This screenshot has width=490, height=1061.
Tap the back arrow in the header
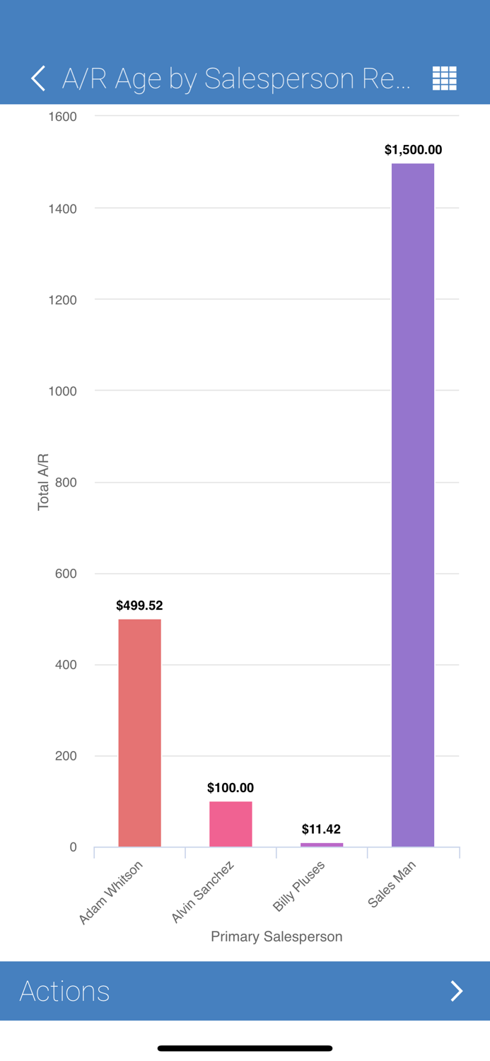click(x=38, y=79)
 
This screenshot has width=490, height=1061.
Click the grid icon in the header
click(x=444, y=79)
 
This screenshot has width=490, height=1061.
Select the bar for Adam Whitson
click(x=139, y=733)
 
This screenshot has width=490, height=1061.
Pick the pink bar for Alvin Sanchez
click(x=231, y=824)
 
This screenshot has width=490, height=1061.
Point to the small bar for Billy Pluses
click(x=322, y=845)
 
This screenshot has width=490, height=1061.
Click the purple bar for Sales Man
click(x=413, y=505)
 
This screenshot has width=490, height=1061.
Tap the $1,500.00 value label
click(x=413, y=150)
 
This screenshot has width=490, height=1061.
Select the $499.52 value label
click(x=139, y=605)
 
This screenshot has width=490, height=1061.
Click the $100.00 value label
click(x=231, y=788)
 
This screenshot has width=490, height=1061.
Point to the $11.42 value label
click(x=322, y=829)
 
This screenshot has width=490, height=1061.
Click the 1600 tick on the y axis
click(x=62, y=117)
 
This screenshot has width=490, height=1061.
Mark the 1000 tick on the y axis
click(x=62, y=391)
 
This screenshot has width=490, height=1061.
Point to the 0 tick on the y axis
click(x=73, y=847)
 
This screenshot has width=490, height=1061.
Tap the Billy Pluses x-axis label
click(x=299, y=886)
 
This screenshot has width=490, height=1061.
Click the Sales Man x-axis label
click(x=392, y=884)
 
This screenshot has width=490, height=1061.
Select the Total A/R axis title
click(x=44, y=482)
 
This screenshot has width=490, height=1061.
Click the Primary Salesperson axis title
click(x=276, y=937)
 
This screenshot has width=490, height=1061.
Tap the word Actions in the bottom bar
click(x=64, y=991)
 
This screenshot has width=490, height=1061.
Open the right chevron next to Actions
click(x=457, y=991)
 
